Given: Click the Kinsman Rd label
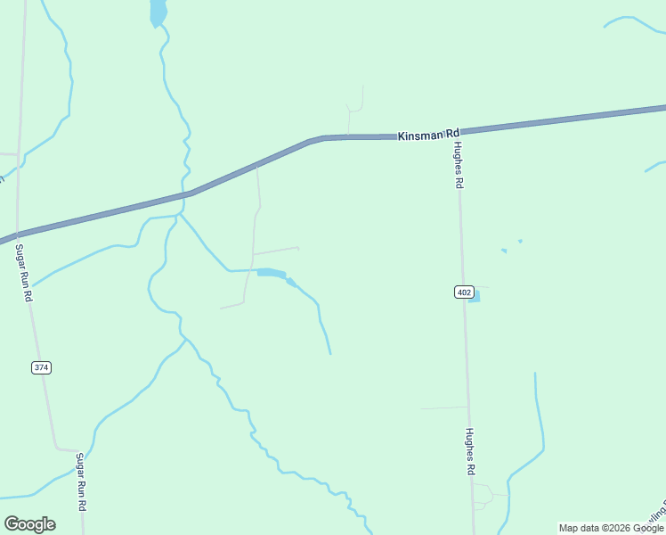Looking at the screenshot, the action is tap(427, 135).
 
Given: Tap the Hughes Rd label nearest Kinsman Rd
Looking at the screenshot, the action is tap(459, 164).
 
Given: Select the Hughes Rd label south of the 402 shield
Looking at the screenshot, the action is tap(469, 451).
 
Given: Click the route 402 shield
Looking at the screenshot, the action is tap(463, 292).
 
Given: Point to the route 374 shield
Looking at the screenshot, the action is tap(41, 367).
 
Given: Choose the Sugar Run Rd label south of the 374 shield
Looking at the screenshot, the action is tap(81, 481).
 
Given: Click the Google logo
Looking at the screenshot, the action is tap(29, 524).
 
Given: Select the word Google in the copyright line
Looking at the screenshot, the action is tap(650, 528).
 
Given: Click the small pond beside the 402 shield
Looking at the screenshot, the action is tap(475, 296).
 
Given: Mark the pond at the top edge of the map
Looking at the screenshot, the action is tap(158, 12).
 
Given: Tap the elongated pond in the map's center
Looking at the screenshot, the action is tap(272, 273).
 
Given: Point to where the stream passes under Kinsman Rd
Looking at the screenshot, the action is tap(188, 193).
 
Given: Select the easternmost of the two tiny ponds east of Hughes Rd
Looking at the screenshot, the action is tap(520, 241).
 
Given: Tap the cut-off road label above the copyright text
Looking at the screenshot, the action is tap(657, 514).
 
